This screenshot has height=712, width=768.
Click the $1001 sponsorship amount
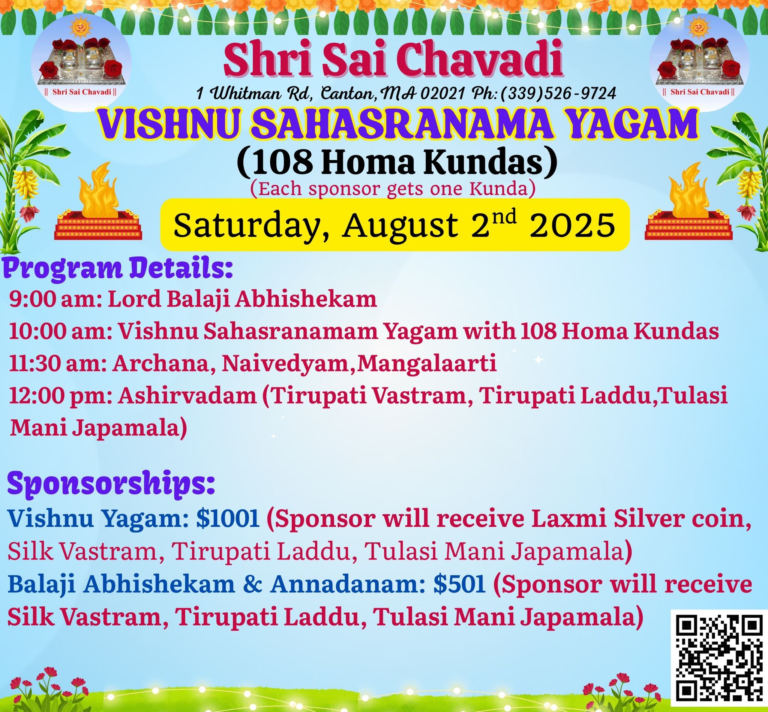click(x=228, y=519)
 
